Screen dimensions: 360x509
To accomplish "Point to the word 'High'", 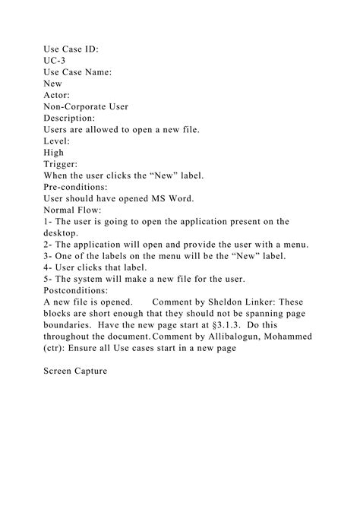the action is click(x=55, y=152).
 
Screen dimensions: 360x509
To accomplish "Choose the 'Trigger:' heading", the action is click(x=62, y=163).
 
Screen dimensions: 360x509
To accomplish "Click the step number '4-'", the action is click(x=49, y=267).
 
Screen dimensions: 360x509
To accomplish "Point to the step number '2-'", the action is click(x=49, y=244).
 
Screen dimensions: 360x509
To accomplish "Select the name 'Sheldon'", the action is click(x=228, y=302).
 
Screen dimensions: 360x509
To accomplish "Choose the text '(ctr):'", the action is click(x=59, y=347).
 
